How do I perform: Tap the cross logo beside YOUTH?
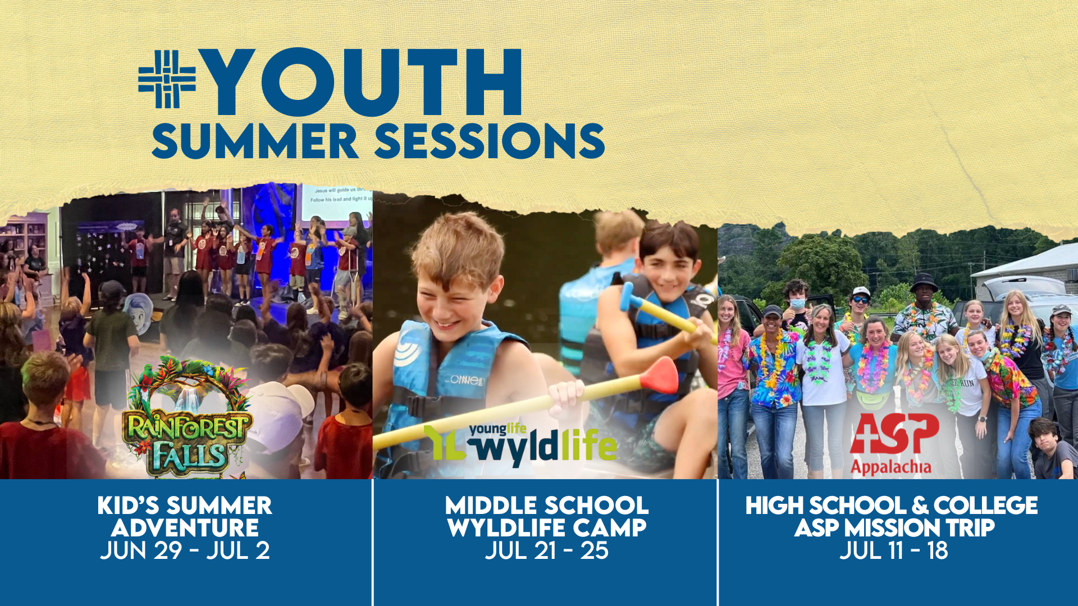[x=167, y=79]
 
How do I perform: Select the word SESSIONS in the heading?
[x=490, y=141]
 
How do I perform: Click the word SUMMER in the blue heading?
[x=255, y=141]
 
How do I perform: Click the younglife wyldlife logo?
[x=520, y=444]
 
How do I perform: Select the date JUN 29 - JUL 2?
[x=185, y=550]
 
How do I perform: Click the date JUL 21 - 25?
[x=547, y=550]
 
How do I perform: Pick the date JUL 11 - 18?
[x=894, y=550]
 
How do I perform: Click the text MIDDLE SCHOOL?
[x=547, y=506]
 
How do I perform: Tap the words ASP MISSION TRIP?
[x=894, y=528]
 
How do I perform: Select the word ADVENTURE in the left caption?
[x=185, y=528]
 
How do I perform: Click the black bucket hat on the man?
[x=924, y=281]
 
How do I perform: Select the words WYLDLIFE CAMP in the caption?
[x=547, y=528]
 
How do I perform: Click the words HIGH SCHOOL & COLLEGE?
[x=892, y=506]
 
